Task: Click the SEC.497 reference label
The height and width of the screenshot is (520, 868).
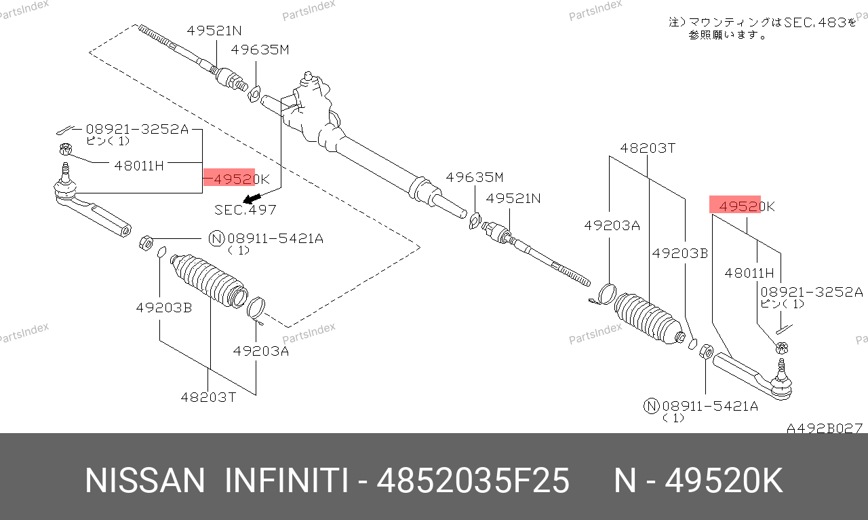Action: [x=245, y=210]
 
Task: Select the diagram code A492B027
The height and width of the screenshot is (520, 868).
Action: [x=825, y=428]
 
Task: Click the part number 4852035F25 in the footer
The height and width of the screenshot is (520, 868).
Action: [x=473, y=481]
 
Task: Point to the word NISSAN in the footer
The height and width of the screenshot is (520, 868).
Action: [x=144, y=481]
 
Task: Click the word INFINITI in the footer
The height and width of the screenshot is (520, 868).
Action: [x=286, y=481]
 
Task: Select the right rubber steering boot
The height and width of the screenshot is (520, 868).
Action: [x=648, y=318]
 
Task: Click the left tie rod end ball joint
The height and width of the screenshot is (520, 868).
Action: [x=66, y=187]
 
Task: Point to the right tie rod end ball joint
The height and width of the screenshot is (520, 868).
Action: [x=781, y=382]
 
